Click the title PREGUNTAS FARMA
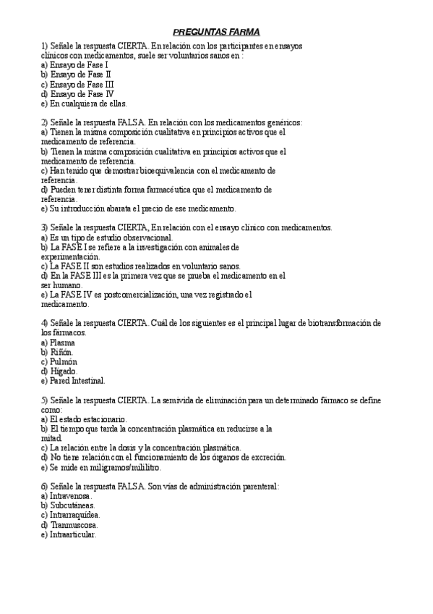[217, 32]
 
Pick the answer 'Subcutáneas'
[72, 505]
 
